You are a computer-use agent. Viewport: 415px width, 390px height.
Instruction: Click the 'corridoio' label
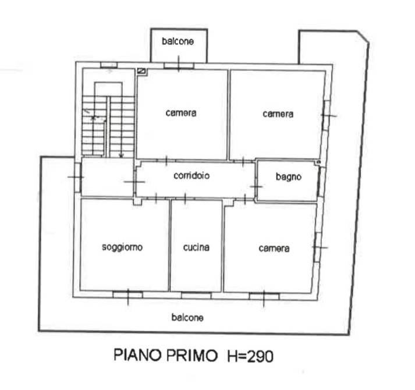[x=191, y=176]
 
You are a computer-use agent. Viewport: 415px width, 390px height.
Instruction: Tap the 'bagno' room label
[x=289, y=176]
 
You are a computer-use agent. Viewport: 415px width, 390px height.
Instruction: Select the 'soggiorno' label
[x=122, y=247]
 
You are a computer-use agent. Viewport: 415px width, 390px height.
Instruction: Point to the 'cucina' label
[x=196, y=247]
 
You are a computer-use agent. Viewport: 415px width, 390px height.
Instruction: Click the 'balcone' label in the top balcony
[x=178, y=41]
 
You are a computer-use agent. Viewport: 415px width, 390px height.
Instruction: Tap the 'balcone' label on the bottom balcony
[x=187, y=317]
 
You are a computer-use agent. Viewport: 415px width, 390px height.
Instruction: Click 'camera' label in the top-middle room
[x=181, y=113]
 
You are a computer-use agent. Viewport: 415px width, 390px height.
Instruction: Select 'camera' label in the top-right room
[x=278, y=114]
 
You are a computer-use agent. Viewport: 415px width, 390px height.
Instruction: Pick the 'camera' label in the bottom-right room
[x=274, y=249]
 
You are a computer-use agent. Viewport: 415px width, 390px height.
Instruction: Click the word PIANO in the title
[x=137, y=355]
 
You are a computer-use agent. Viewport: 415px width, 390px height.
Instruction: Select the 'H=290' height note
[x=250, y=356]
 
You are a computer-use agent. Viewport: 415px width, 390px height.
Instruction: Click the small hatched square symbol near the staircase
[x=142, y=70]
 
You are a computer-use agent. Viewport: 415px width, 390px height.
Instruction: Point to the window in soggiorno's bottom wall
[x=128, y=294]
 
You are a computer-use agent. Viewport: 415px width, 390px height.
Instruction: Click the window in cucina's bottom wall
[x=196, y=295]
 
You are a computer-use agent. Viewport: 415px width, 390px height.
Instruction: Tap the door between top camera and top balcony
[x=179, y=65]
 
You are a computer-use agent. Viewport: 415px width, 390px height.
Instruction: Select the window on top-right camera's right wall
[x=327, y=115]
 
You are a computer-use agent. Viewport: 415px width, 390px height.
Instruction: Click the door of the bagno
[x=256, y=186]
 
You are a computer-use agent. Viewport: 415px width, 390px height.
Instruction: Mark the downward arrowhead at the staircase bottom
[x=121, y=155]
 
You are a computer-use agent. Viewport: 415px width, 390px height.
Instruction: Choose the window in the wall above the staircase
[x=109, y=65]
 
